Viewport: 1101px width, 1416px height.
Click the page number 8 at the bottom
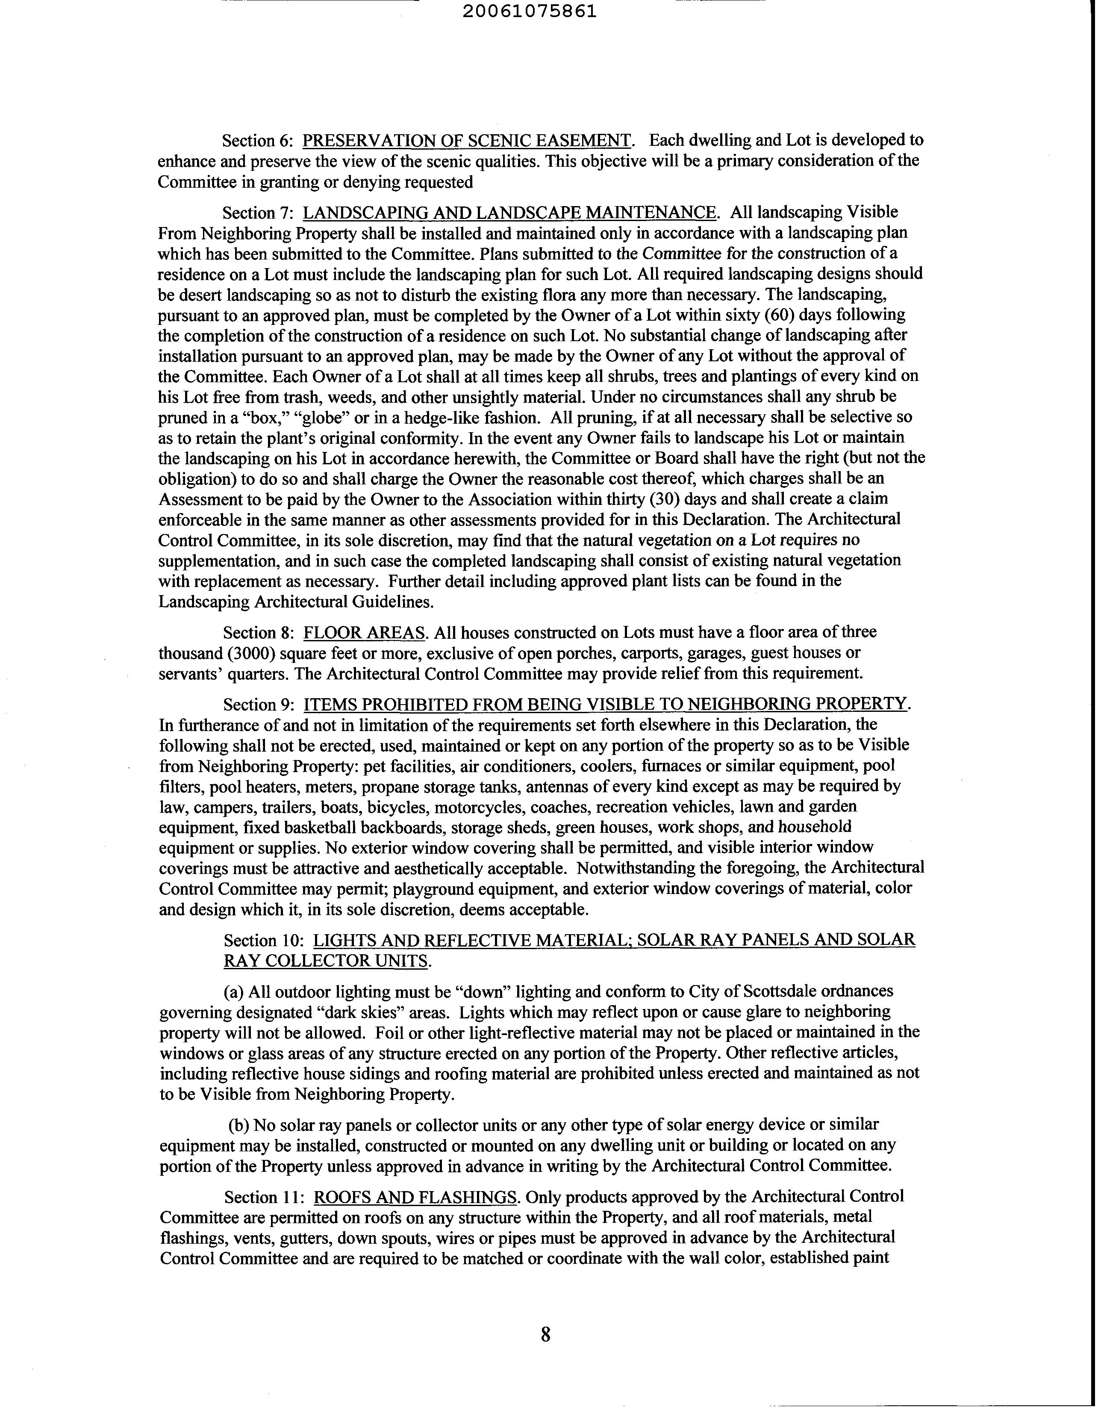546,1334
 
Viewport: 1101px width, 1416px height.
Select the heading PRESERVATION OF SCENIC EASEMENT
467,141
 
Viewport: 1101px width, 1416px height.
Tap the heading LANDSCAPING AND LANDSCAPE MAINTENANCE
510,212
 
